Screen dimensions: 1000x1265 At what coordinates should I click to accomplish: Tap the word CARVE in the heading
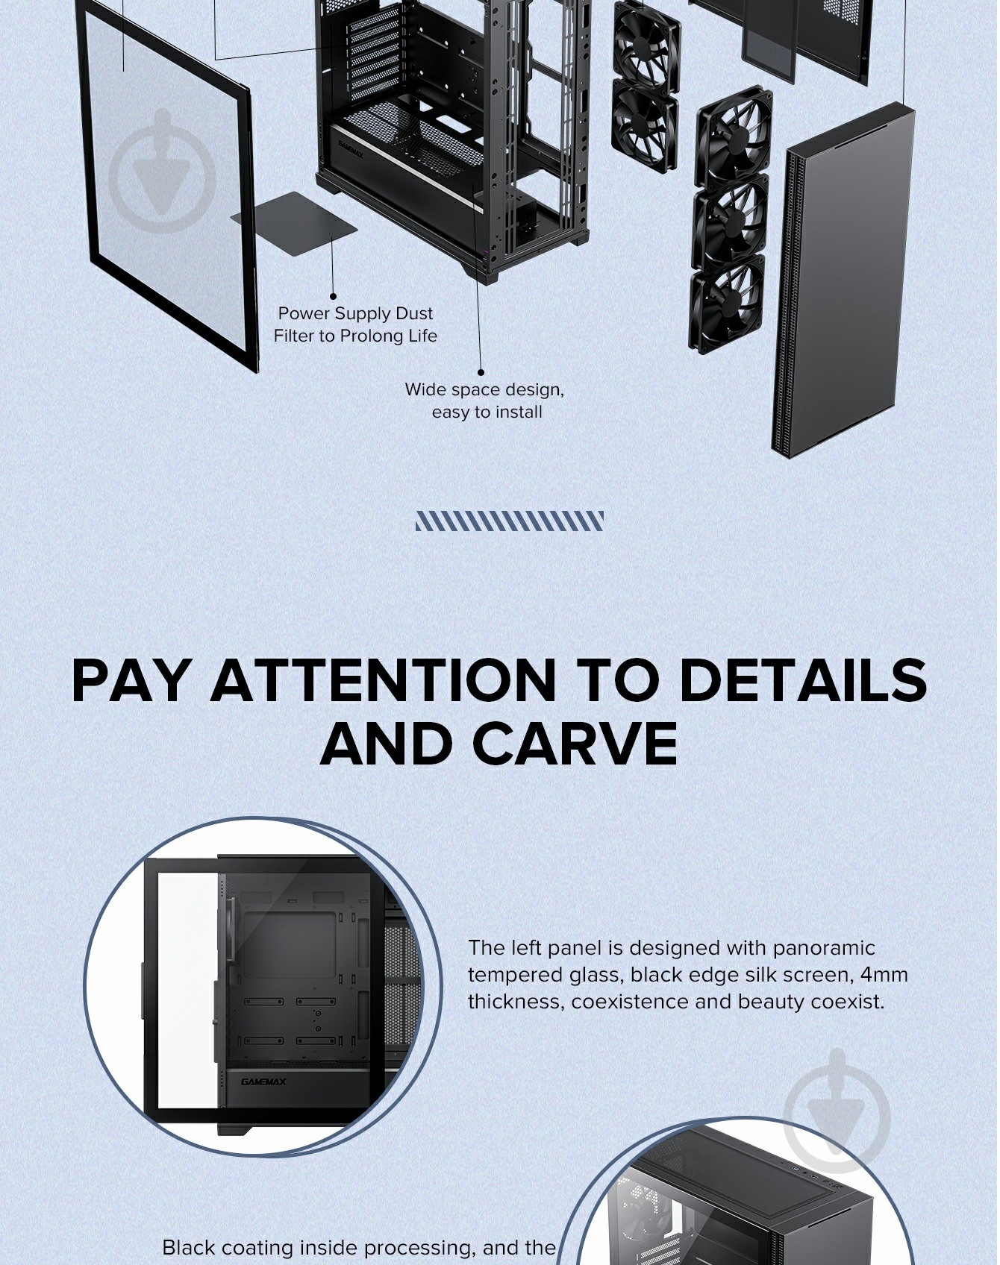(575, 743)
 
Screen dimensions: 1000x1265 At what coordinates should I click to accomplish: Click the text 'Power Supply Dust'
(355, 313)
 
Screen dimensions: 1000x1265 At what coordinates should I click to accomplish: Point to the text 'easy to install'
(487, 412)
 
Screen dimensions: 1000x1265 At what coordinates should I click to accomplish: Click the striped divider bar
(510, 521)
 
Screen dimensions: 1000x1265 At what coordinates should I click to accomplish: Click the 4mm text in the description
(884, 974)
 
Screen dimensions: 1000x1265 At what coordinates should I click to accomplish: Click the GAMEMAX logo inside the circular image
(263, 1082)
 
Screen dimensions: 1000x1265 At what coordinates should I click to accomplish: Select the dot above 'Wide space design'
(481, 371)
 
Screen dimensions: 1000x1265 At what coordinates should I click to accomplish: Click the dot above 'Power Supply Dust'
(333, 296)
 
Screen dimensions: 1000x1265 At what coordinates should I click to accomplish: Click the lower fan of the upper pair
(645, 123)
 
